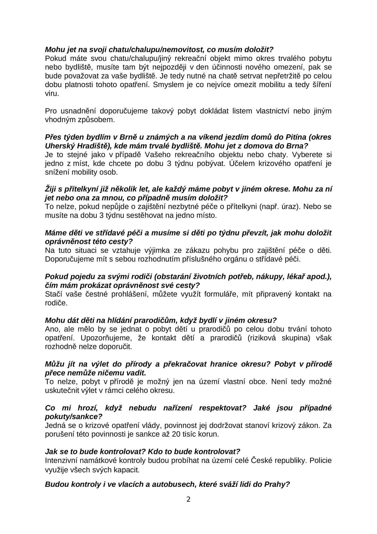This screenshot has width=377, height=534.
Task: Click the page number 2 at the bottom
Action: pos(188,500)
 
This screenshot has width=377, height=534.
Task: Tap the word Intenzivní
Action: pos(62,461)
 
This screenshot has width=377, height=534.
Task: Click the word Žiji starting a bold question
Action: pos(51,189)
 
